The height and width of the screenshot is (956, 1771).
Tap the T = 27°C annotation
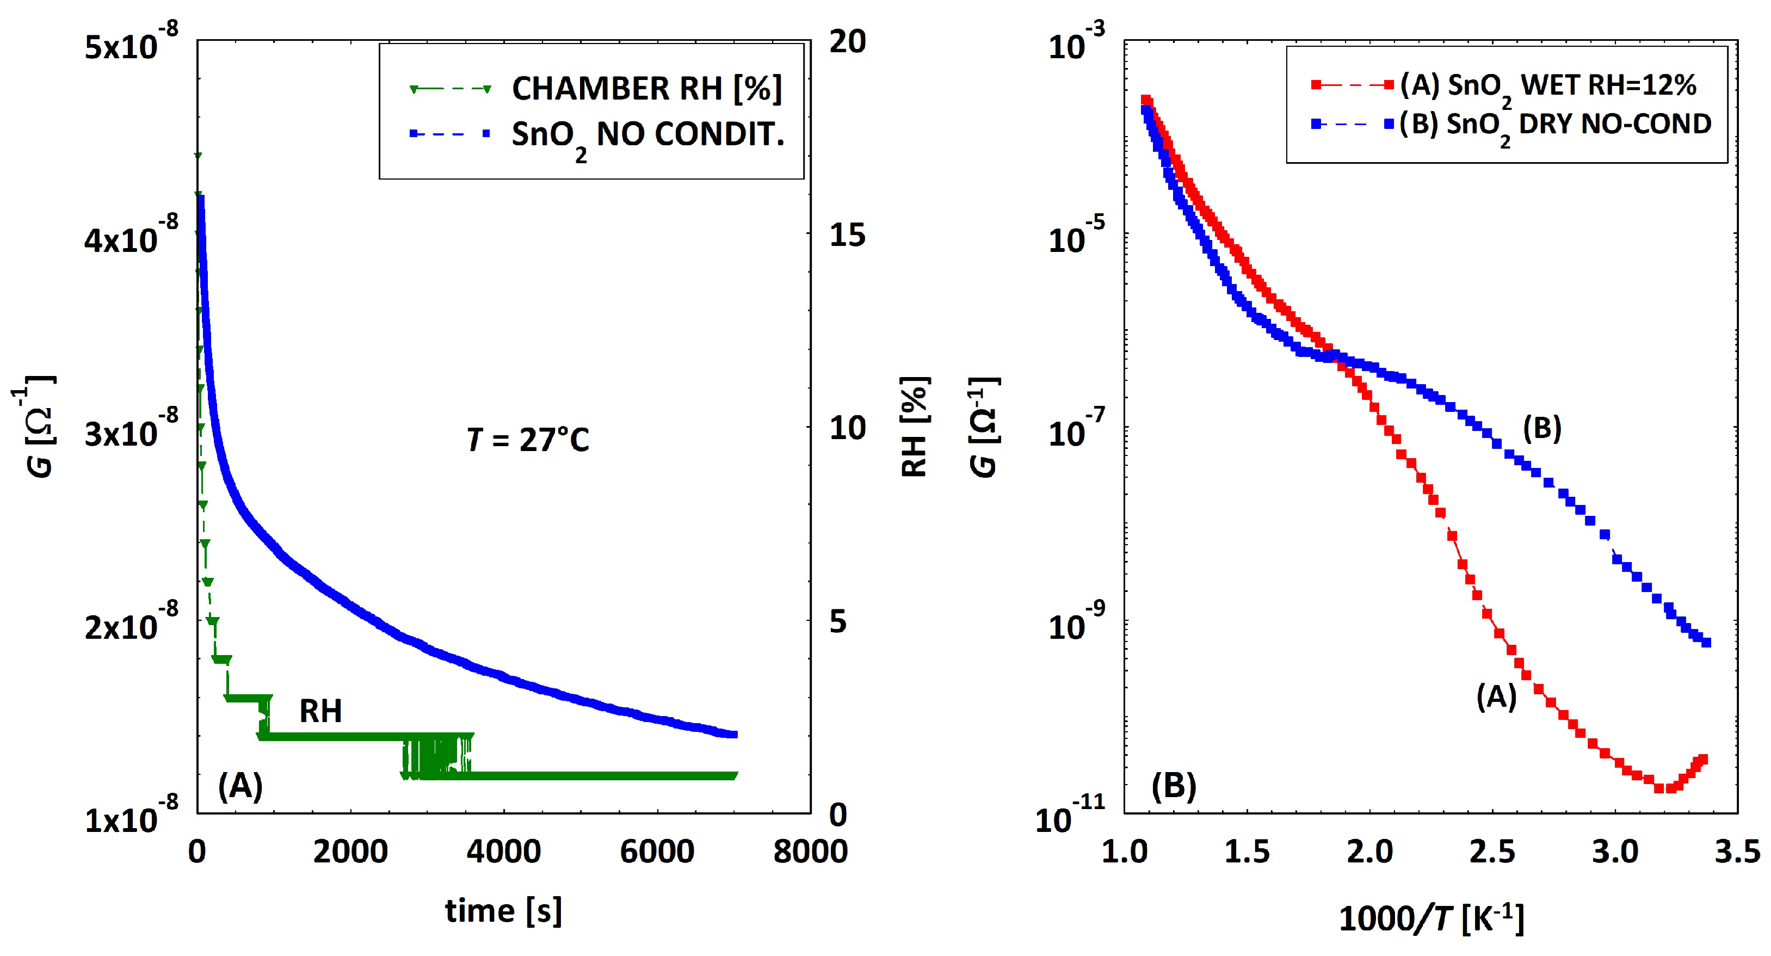(527, 440)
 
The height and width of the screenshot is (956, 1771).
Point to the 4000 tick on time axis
(504, 852)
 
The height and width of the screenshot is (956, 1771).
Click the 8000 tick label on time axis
(811, 852)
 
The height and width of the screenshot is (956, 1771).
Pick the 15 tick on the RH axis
(847, 235)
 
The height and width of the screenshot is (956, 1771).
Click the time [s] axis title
(503, 911)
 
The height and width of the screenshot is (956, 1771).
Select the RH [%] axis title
(915, 427)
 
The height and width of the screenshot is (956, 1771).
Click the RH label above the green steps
(320, 711)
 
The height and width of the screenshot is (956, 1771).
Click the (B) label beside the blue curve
(1542, 428)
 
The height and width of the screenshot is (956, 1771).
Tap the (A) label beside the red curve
(1497, 698)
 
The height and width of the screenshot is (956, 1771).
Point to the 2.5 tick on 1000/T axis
(1492, 852)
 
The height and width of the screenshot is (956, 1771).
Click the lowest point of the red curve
(1659, 788)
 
